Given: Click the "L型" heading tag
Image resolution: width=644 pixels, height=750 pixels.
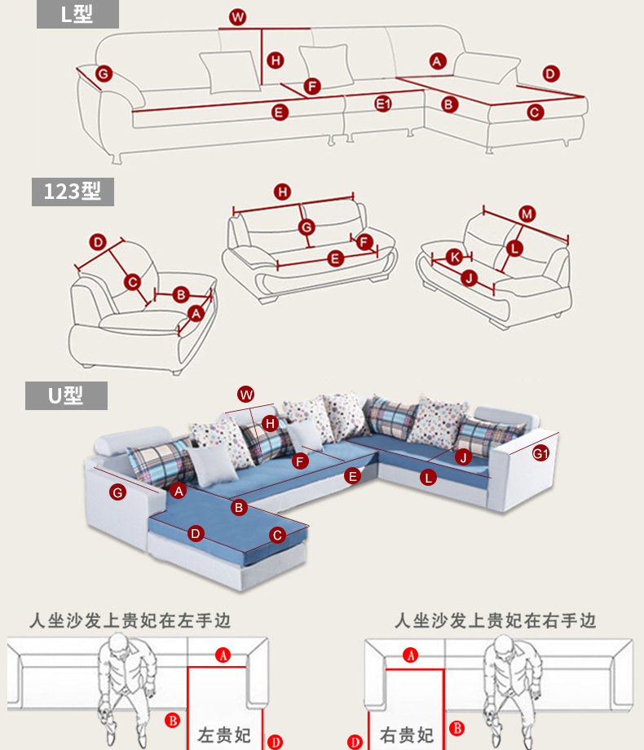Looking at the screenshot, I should click(77, 15).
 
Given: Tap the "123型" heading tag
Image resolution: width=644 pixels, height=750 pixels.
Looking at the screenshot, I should click(73, 192).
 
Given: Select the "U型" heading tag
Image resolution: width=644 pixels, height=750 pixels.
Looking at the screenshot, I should click(66, 396).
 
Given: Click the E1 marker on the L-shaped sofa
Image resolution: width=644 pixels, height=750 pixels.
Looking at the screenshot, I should click(384, 104).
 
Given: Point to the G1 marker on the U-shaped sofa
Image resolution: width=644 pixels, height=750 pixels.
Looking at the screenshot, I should click(541, 453).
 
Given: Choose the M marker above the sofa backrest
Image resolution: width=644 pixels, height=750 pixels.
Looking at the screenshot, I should click(527, 214).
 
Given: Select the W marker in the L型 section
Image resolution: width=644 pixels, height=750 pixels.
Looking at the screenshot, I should click(237, 17).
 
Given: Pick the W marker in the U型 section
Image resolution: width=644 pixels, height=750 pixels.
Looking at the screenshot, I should click(246, 395).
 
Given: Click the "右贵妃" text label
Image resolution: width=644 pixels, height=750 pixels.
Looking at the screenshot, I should click(408, 733).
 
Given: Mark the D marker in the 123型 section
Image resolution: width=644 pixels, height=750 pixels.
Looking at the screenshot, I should click(98, 242).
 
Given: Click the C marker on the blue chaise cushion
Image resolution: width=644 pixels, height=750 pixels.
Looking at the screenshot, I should click(277, 535).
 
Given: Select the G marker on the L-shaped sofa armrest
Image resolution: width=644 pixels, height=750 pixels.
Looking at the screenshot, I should click(104, 74).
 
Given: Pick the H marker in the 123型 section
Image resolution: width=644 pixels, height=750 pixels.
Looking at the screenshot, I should click(282, 192).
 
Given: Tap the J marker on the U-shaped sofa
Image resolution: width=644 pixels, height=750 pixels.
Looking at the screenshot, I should click(463, 457).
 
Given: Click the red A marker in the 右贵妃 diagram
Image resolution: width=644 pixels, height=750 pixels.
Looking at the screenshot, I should click(412, 655).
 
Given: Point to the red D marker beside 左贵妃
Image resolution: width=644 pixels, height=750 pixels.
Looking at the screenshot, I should click(276, 741).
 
